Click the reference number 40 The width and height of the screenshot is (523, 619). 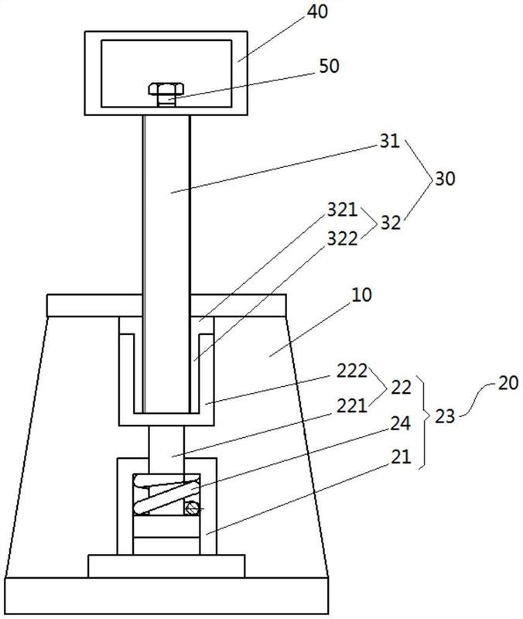click(x=317, y=12)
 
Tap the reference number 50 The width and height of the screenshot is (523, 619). click(x=329, y=66)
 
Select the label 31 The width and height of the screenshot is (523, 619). click(x=390, y=142)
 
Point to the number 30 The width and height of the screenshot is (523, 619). click(x=445, y=179)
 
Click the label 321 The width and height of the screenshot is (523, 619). click(x=342, y=210)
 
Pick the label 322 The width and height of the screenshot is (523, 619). click(x=342, y=239)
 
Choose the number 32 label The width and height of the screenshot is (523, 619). click(x=391, y=224)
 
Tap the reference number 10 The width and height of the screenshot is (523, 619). click(x=361, y=295)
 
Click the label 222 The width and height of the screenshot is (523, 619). click(x=352, y=371)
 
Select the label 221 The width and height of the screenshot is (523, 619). click(x=352, y=405)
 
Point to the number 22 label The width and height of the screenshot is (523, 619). click(x=401, y=388)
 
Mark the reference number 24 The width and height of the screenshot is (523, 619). click(x=401, y=423)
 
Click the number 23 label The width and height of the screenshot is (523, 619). click(x=445, y=416)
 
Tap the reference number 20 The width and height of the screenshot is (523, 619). click(x=508, y=383)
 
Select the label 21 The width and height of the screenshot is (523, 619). click(x=401, y=457)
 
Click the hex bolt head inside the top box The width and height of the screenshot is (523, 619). click(x=166, y=89)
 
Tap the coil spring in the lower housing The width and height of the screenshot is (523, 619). click(x=166, y=494)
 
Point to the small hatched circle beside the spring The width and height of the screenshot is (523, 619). click(x=192, y=508)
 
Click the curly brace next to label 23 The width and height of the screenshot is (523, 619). click(x=423, y=423)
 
